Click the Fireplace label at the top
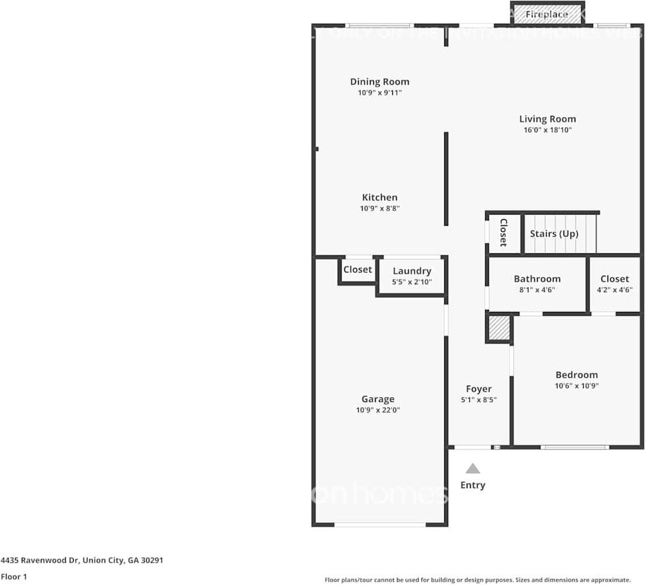coord(546,14)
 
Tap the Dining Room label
coord(379,82)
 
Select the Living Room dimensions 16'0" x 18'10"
coord(548,130)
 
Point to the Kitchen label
coord(380,197)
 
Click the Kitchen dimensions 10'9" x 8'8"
coord(380,209)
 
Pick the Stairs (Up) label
coord(554,234)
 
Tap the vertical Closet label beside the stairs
coord(503,232)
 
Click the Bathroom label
coord(537,279)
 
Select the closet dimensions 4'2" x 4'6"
coord(615,290)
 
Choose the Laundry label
coord(412,271)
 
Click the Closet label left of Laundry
coord(357,270)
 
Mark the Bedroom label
coord(577,375)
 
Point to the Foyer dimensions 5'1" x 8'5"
coord(478,399)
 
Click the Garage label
coord(378,399)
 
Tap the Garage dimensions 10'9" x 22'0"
coord(378,410)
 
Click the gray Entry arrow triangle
coord(473,469)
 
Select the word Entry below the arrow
coord(473,485)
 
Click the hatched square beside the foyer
coord(499,328)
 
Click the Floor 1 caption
coord(14,576)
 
